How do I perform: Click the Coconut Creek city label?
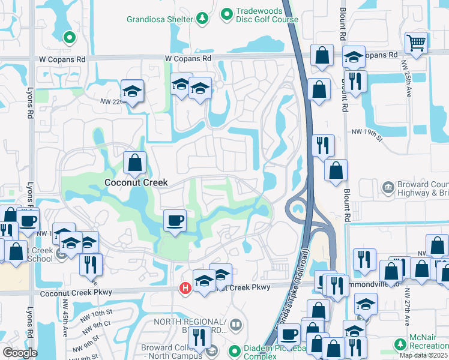[x=136, y=182]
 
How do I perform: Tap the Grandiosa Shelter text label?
[x=160, y=19]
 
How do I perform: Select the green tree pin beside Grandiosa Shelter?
[x=202, y=19]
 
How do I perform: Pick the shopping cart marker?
[x=415, y=43]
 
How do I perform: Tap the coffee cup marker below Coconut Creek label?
[x=175, y=221]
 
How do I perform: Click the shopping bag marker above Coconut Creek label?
[x=135, y=161]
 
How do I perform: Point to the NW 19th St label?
[x=367, y=131]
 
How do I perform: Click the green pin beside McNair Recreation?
[x=400, y=344]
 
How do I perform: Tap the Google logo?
[x=20, y=353]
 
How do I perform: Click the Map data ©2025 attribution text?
[x=424, y=355]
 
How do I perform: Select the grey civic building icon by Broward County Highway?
[x=387, y=188]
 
